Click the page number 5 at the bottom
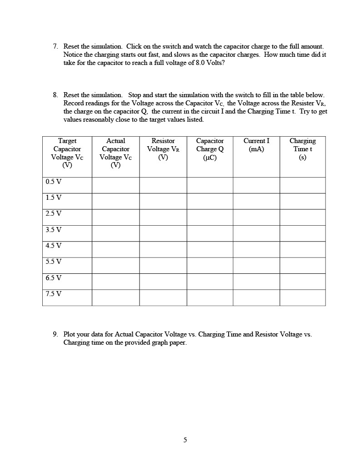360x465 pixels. click(185, 440)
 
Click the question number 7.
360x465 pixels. click(55, 47)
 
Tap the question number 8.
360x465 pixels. click(55, 95)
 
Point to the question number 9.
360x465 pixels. click(55, 334)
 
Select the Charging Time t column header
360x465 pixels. click(302, 149)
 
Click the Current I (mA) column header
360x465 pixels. click(256, 145)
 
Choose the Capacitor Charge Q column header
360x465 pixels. click(210, 149)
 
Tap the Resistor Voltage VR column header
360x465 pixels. click(163, 149)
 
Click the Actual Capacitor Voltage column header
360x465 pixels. click(115, 153)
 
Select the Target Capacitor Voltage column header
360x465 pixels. click(67, 153)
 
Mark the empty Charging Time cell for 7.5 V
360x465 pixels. click(302, 297)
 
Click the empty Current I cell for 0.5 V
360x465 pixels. click(256, 185)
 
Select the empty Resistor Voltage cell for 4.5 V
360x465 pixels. click(163, 249)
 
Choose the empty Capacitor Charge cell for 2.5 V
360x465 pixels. click(210, 217)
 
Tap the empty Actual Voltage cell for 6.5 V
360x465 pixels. click(115, 282)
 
